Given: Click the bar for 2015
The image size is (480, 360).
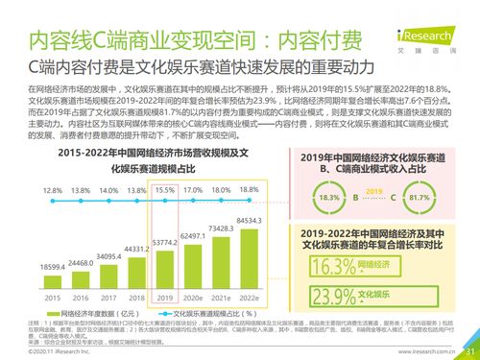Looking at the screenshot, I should coord(53,284).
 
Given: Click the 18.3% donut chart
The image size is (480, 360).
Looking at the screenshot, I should coord(329,197).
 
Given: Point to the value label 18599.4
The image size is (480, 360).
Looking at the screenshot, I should coord(53,265).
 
